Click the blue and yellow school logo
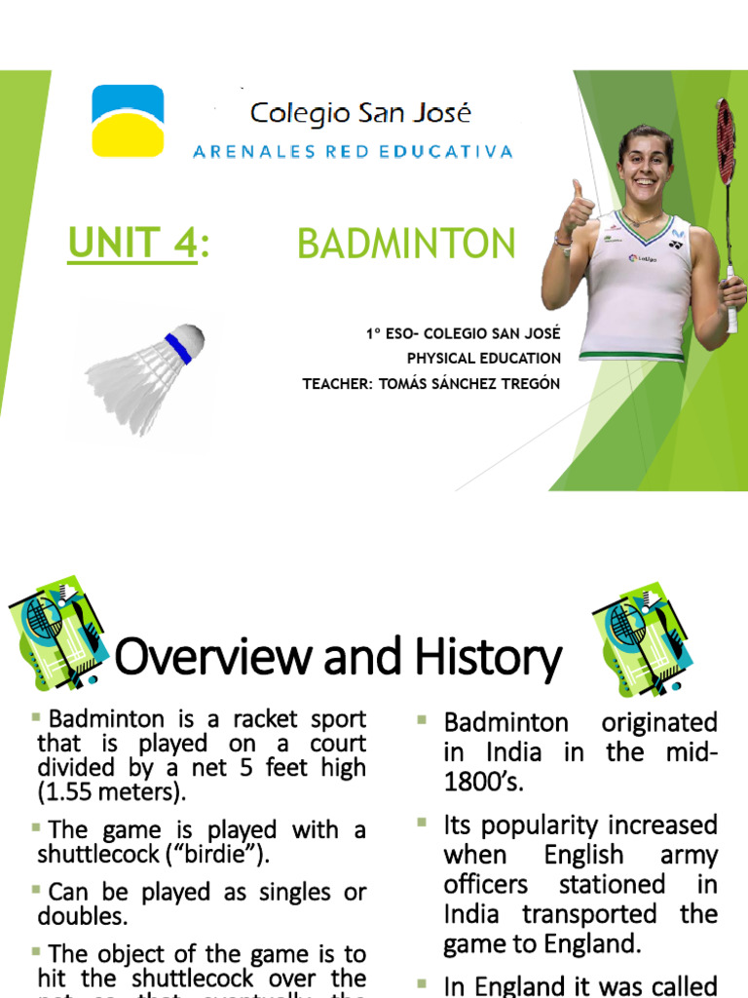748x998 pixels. click(128, 120)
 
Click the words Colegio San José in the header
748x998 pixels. click(360, 113)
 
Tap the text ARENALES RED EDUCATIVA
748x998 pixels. click(353, 151)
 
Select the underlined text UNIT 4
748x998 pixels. click(132, 243)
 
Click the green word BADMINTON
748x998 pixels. click(406, 244)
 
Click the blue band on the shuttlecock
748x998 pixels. click(177, 347)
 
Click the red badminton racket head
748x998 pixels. click(726, 142)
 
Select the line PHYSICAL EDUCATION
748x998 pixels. click(484, 359)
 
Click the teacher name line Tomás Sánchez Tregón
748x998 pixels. click(431, 383)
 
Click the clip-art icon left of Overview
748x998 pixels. click(56, 633)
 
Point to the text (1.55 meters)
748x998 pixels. click(111, 791)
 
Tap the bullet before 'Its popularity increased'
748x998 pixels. click(423, 824)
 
